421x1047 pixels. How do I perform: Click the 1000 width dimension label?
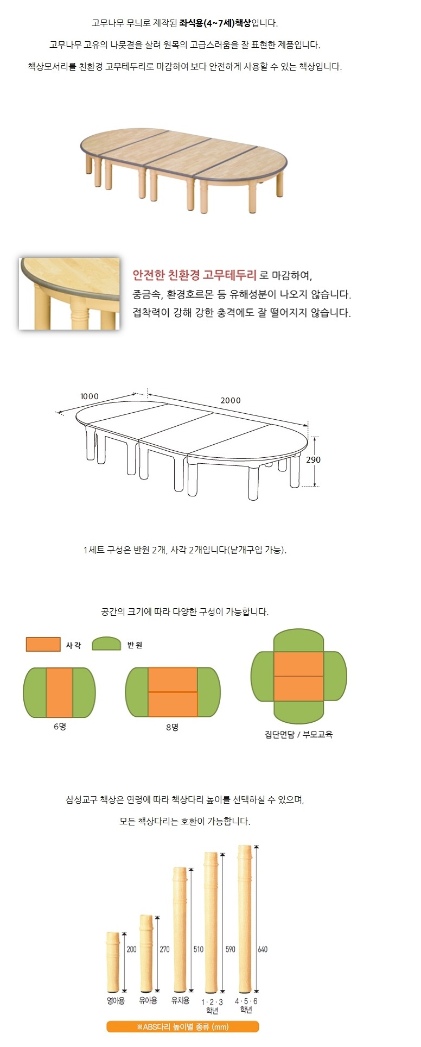pyautogui.click(x=90, y=396)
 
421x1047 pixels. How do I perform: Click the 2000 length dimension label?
pyautogui.click(x=231, y=400)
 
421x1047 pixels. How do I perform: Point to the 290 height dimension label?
pyautogui.click(x=314, y=459)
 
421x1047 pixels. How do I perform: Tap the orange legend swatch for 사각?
pyautogui.click(x=43, y=644)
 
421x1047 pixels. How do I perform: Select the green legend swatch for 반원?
pyautogui.click(x=106, y=644)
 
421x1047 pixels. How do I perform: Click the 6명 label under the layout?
pyautogui.click(x=60, y=727)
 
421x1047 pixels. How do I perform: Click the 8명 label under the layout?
pyautogui.click(x=173, y=727)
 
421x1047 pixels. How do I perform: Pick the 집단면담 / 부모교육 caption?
pyautogui.click(x=298, y=735)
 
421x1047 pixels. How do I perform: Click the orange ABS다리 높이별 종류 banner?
pyautogui.click(x=182, y=1026)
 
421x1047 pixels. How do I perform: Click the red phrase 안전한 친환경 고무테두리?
pyautogui.click(x=195, y=275)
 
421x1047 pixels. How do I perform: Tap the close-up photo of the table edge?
pyautogui.click(x=69, y=294)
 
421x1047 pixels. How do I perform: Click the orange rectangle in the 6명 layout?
pyautogui.click(x=60, y=693)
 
